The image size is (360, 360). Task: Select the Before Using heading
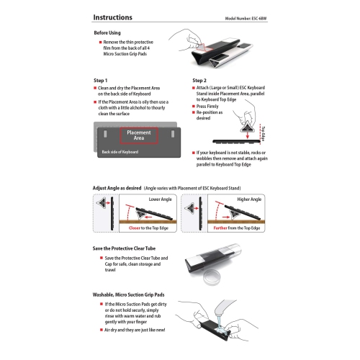(112, 34)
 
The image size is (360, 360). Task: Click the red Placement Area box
(138, 135)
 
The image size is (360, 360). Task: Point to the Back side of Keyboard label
(120, 152)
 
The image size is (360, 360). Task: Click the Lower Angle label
(161, 197)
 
